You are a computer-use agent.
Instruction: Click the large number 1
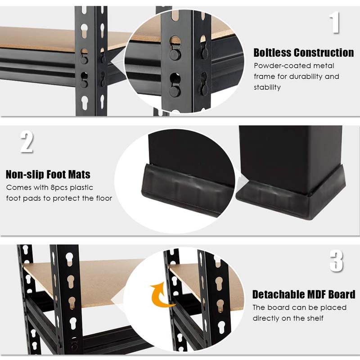point(334,22)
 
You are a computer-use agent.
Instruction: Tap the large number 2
point(27,142)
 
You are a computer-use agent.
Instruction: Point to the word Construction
point(325,53)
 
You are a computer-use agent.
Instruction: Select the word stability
point(267,87)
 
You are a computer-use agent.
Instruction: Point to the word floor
point(102,198)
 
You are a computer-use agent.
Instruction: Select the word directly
point(268,318)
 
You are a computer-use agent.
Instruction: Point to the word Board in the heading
point(343,295)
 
